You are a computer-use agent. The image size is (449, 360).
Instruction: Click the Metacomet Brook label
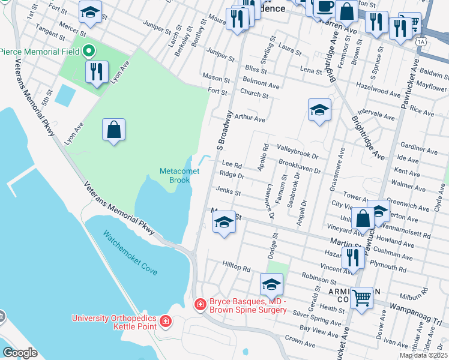pos(175,175)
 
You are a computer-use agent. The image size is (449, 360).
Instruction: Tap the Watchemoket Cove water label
pos(130,253)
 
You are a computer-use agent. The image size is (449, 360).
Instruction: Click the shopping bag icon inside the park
pos(113,130)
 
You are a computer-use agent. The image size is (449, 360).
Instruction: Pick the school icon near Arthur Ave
pos(319,110)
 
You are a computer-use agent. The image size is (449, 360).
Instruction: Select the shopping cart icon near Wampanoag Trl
pos(361,296)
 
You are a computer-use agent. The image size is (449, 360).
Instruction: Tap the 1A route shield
pos(421,41)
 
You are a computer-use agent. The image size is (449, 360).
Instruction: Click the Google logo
pos(20,352)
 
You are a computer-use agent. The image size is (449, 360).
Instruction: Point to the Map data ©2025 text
pos(423,355)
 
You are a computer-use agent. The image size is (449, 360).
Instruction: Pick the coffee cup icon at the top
pos(325,7)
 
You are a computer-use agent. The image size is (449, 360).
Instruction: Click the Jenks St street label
pos(229,193)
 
